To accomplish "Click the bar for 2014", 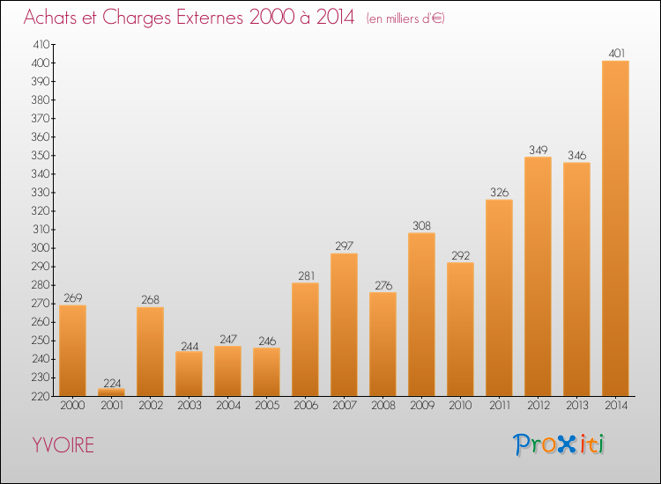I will [x=615, y=228].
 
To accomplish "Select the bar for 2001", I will [x=111, y=392].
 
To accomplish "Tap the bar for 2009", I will [x=421, y=314].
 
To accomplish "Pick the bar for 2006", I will [x=305, y=339].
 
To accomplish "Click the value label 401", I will [x=615, y=54].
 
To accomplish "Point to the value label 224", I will [x=111, y=383].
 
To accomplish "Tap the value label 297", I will [x=344, y=246].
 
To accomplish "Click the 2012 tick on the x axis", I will [x=538, y=406].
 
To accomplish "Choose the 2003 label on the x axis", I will [x=189, y=406].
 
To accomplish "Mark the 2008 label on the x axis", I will [x=382, y=406].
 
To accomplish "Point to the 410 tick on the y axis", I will [x=41, y=44].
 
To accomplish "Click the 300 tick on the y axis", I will [x=41, y=248].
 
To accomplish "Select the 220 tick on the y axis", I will [x=41, y=396].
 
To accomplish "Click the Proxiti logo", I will [x=559, y=444].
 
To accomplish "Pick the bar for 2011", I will [x=499, y=297].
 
